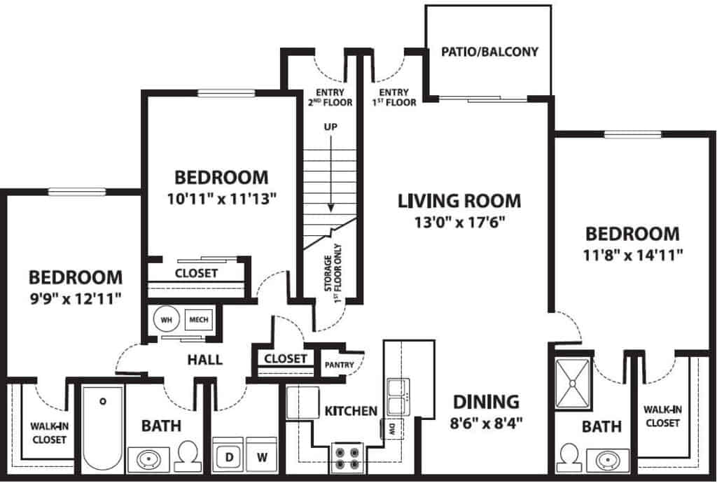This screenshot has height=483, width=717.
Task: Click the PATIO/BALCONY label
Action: pos(489,52)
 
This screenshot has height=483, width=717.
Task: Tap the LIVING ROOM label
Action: pos(459,201)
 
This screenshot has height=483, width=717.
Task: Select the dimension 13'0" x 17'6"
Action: pos(460,223)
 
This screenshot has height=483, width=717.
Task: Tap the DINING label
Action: pos(486,402)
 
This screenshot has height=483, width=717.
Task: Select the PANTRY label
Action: pos(340,364)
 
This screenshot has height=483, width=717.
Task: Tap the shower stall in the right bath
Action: pos(573,383)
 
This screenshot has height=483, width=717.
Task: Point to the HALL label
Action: pos(205,360)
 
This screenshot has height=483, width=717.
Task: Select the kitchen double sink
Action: pos(397,397)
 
